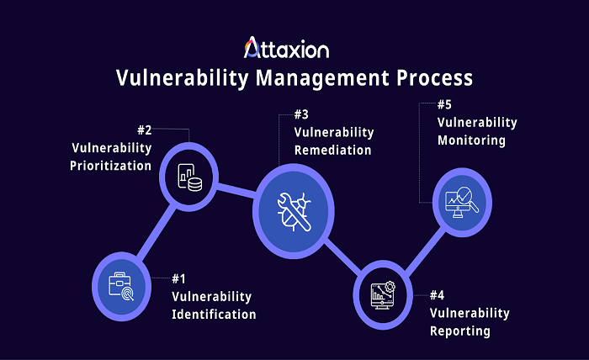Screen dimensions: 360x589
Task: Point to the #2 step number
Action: (x=144, y=130)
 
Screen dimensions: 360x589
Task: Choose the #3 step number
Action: (x=301, y=114)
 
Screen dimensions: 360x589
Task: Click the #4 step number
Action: (x=437, y=295)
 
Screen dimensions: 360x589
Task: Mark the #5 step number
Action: (x=445, y=104)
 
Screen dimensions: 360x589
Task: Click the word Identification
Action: (x=214, y=315)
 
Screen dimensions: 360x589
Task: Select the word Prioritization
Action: (x=111, y=166)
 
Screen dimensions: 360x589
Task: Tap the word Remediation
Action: (x=332, y=151)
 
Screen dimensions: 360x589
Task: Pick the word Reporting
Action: (x=459, y=331)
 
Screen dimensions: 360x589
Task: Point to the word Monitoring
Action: (x=471, y=140)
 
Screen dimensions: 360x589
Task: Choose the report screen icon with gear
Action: (x=383, y=294)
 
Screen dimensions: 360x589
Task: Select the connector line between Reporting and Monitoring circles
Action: (x=421, y=248)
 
